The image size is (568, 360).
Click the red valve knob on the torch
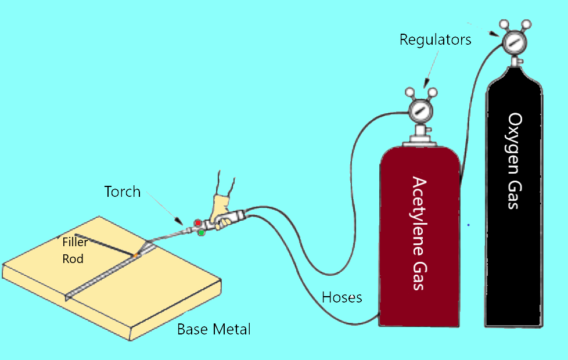(197, 223)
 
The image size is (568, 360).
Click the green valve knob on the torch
(201, 233)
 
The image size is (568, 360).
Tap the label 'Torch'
(122, 192)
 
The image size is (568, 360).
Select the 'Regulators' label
(435, 40)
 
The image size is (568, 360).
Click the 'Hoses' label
(341, 298)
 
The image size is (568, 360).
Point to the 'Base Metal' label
(214, 329)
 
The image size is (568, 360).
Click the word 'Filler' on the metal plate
(75, 243)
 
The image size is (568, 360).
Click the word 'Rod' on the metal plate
(73, 258)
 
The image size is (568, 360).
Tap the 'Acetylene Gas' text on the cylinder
(420, 232)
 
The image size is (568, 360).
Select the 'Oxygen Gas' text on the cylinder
(515, 161)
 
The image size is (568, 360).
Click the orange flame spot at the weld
(135, 255)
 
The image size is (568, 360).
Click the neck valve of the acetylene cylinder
(420, 135)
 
